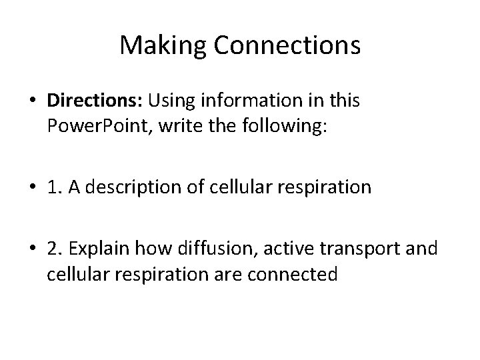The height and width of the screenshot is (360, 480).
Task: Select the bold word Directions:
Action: click(x=95, y=101)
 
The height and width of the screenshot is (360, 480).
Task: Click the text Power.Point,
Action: click(x=91, y=126)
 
